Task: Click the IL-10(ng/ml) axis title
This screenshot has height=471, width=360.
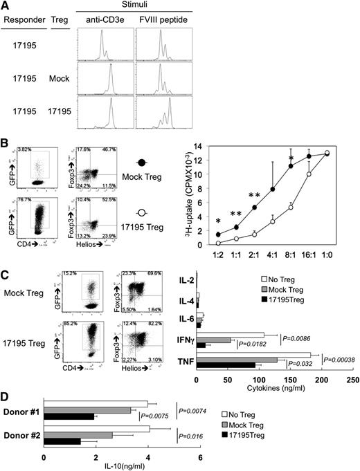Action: pos(121,465)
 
